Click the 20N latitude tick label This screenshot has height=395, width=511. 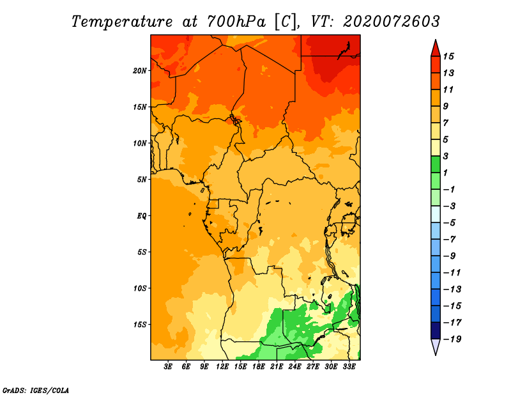click(140, 71)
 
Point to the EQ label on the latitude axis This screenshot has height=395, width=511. click(142, 216)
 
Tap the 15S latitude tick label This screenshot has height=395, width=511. click(140, 325)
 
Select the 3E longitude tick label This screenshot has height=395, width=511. click(168, 367)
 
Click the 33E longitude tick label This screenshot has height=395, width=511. click(349, 367)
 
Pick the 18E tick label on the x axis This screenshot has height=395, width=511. click(259, 367)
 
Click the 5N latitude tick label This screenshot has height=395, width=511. click(142, 180)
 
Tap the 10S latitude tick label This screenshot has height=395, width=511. click(140, 288)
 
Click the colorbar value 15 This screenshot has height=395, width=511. click(448, 57)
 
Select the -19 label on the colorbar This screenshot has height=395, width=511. click(452, 339)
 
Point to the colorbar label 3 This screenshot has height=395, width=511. click(446, 156)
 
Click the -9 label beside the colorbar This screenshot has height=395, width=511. click(450, 256)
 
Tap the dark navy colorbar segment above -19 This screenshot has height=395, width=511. click(436, 330)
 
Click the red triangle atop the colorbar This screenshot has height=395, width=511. click(436, 49)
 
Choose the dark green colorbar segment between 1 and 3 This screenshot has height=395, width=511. click(436, 164)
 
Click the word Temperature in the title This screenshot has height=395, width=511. click(122, 22)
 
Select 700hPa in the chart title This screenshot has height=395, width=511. click(236, 22)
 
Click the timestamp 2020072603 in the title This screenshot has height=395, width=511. click(391, 22)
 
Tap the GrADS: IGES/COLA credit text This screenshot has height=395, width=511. click(36, 391)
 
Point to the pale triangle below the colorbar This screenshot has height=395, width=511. click(436, 346)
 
